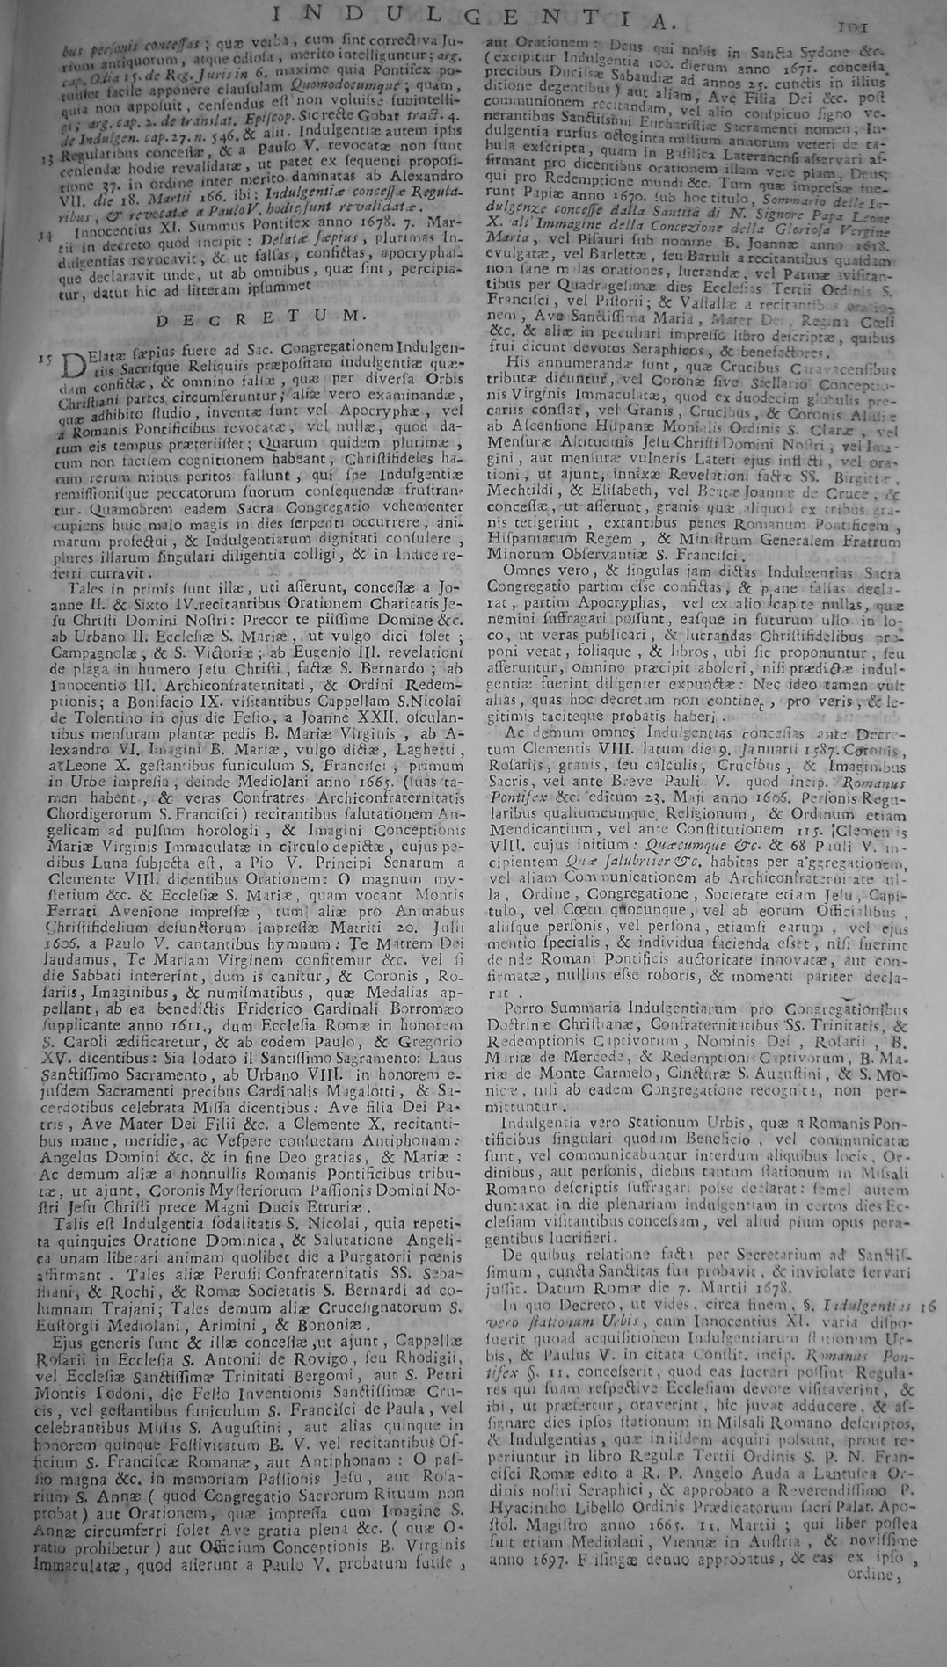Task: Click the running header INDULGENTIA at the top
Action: coord(474,15)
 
